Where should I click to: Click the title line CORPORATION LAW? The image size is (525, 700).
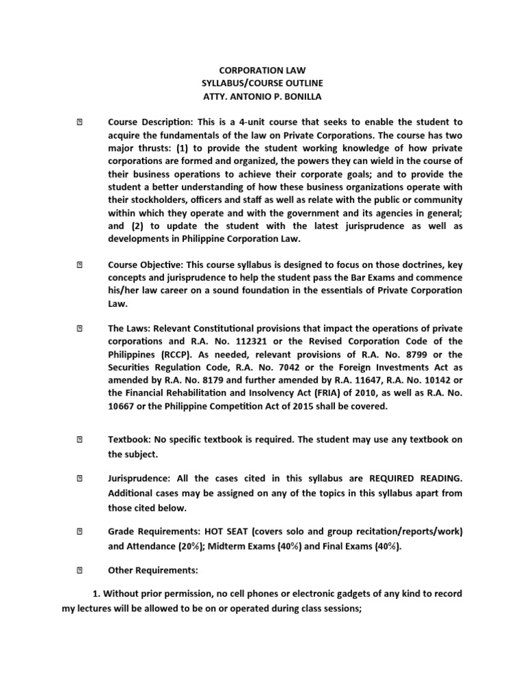pos(262,70)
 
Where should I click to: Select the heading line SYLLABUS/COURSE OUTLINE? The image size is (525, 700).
pos(262,83)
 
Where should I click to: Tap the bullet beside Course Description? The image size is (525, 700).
pos(79,122)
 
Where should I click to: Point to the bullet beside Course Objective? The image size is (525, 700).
pos(79,265)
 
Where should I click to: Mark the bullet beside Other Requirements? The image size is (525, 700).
pos(79,569)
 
